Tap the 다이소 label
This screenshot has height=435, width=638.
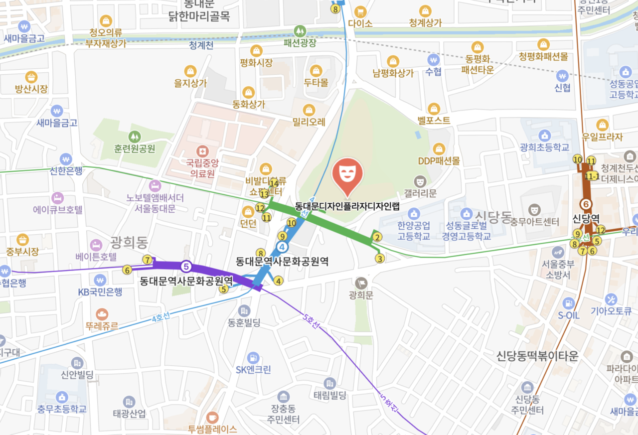coord(360,23)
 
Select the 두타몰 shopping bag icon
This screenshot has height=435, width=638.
coord(316,71)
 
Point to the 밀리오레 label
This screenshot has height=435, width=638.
coord(309,122)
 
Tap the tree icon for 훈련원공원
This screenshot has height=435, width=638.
coord(134,136)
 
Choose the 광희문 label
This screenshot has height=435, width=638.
coord(361,295)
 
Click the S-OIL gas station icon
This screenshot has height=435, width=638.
coord(568,303)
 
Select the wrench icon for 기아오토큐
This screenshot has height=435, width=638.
coord(611,299)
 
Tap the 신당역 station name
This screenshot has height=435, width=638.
coord(586,219)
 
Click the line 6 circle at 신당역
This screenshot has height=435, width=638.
coord(586,204)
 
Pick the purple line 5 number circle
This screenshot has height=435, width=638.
coord(186,266)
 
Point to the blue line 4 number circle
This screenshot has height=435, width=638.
coord(283,247)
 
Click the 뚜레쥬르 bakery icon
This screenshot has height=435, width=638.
coord(102,314)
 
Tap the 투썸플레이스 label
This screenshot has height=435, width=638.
coord(212,429)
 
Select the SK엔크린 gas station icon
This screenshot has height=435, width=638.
coord(253,357)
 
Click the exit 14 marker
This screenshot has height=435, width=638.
coord(274,183)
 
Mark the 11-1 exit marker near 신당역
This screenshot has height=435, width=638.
coord(592,176)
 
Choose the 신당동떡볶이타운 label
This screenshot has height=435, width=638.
coord(537,356)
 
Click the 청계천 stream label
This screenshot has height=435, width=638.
coord(201,45)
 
